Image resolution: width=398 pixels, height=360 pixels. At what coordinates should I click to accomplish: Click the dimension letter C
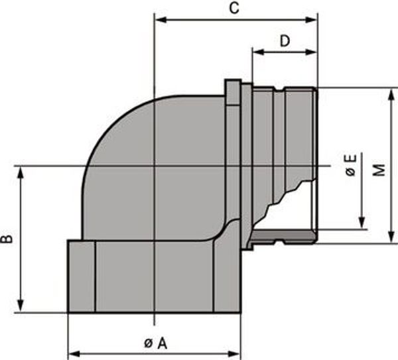click(x=234, y=8)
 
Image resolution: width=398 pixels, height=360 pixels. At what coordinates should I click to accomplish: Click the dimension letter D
click(x=285, y=41)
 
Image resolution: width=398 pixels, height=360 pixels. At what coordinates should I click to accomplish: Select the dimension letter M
click(x=379, y=170)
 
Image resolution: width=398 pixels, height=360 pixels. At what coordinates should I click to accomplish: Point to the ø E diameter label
click(x=351, y=165)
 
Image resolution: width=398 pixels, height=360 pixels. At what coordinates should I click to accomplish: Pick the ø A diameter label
click(x=156, y=344)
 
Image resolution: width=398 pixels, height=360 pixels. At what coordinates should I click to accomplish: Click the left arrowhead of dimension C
click(x=161, y=20)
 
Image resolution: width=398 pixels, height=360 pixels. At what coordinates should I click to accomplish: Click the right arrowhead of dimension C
click(x=311, y=20)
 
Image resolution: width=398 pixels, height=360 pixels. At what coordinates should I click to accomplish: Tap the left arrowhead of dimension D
click(x=259, y=52)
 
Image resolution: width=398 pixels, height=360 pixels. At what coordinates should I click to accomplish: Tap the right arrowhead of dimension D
click(x=311, y=52)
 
